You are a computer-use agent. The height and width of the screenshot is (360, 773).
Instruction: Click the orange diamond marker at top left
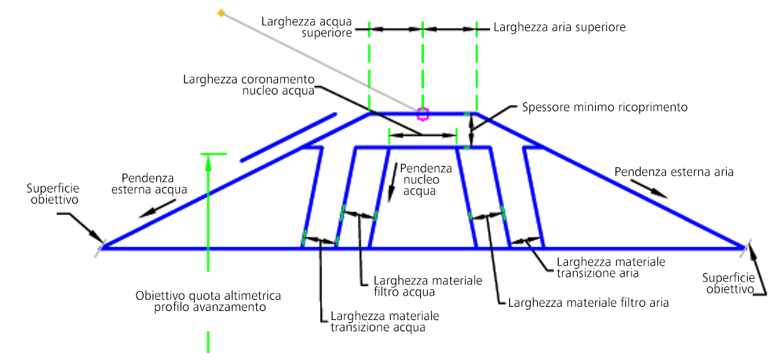pyautogui.click(x=221, y=13)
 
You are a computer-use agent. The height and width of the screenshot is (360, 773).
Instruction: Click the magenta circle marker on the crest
pyautogui.click(x=422, y=115)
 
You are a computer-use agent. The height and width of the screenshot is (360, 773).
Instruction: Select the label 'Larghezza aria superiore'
pyautogui.click(x=559, y=27)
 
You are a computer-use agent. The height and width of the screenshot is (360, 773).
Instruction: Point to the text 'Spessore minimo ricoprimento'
pyautogui.click(x=604, y=107)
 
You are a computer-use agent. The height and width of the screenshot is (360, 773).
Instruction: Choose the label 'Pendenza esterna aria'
pyautogui.click(x=674, y=172)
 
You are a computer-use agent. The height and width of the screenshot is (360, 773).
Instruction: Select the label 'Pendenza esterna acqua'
pyautogui.click(x=155, y=183)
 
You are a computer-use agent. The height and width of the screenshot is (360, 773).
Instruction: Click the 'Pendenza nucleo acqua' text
pyautogui.click(x=419, y=179)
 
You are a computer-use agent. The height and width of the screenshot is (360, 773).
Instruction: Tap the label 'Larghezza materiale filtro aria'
pyautogui.click(x=588, y=303)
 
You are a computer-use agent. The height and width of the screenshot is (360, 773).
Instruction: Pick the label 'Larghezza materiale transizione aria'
pyautogui.click(x=611, y=267)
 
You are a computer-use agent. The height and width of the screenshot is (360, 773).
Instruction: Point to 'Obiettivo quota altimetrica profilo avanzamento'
pyautogui.click(x=208, y=301)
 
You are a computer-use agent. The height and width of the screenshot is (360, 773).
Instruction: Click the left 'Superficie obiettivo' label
pyautogui.click(x=53, y=194)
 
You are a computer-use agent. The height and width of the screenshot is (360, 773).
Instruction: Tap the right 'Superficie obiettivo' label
pyautogui.click(x=730, y=282)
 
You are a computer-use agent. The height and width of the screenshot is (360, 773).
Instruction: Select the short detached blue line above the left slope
pyautogui.click(x=288, y=137)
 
